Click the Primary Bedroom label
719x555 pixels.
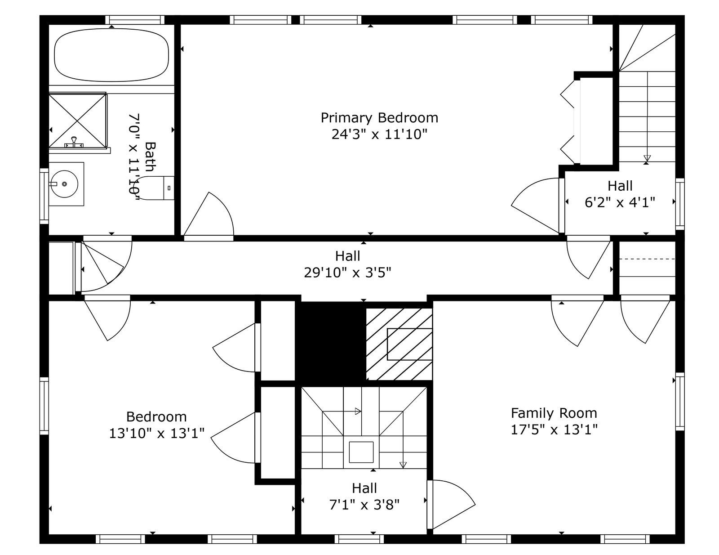[x=379, y=118]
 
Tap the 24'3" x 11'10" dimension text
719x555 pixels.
[x=379, y=134]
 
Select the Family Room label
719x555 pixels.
[x=554, y=413]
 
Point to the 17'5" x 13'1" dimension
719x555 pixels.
[x=554, y=430]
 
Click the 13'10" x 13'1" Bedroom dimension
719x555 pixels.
[x=156, y=433]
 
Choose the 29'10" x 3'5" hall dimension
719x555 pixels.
[x=347, y=273]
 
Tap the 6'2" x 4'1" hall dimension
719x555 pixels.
[x=620, y=202]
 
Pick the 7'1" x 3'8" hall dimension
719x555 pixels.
[x=364, y=505]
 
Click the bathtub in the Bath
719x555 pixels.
[x=111, y=55]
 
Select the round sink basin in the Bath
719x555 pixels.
[x=64, y=184]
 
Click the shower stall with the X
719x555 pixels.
[x=78, y=121]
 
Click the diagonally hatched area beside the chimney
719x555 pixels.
[x=399, y=344]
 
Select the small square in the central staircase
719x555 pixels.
[x=361, y=452]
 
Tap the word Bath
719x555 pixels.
[x=151, y=157]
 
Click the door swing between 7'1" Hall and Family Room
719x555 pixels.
[x=451, y=504]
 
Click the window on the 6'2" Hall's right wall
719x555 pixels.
[x=679, y=204]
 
